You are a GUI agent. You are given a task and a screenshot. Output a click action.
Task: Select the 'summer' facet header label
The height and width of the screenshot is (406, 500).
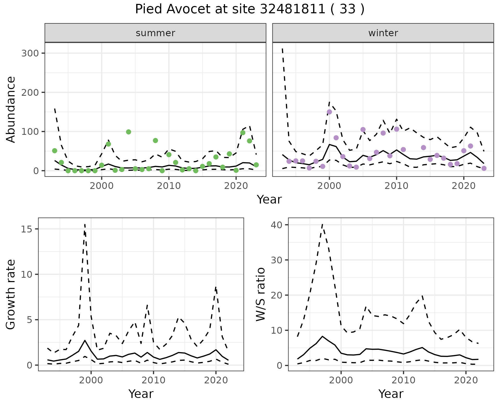point(155,33)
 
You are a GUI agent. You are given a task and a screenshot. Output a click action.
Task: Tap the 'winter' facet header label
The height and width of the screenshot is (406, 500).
point(383,33)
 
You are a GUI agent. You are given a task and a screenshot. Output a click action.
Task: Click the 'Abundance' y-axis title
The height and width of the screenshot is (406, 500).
point(11,109)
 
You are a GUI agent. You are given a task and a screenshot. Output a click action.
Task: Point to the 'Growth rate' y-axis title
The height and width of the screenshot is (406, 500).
point(11,294)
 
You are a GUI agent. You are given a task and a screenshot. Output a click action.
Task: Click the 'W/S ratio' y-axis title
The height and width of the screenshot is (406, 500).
point(261,294)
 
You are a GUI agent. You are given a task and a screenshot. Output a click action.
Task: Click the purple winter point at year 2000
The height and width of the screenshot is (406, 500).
point(329,112)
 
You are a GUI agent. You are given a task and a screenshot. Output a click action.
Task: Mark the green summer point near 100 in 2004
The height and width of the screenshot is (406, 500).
point(128,132)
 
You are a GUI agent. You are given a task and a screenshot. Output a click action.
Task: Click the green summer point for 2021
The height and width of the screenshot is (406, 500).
point(243,133)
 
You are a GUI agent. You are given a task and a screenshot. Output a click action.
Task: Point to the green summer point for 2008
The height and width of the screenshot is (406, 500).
point(155,141)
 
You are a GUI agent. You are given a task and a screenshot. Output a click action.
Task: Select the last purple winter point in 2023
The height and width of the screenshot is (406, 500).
point(484,168)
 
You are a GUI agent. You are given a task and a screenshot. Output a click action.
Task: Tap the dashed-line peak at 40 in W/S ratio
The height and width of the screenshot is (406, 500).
point(322,224)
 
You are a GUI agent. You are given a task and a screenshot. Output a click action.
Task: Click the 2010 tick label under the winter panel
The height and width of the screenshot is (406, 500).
point(396,186)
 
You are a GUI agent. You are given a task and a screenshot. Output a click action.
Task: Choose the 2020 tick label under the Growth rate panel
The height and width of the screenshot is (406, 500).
point(216,380)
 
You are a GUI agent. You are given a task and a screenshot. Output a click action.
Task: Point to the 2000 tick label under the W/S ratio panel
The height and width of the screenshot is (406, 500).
point(341,380)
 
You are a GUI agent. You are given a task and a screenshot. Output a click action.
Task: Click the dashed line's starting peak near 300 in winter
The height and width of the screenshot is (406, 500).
point(283,49)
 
